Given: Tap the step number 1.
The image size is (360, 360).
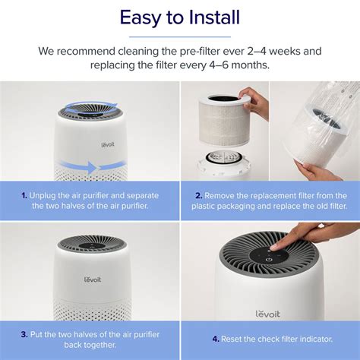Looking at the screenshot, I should tap(24, 194).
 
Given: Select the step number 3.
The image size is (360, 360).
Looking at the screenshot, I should tap(24, 333).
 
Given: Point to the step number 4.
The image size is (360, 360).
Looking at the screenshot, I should tap(215, 338).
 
